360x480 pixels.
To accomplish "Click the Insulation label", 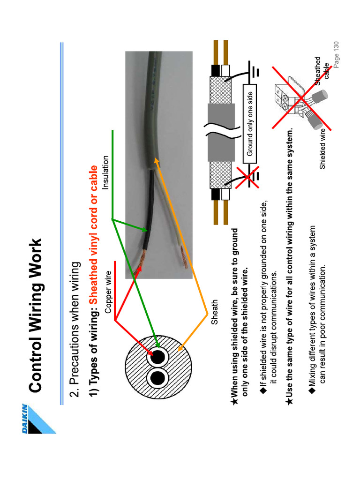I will point(105,172).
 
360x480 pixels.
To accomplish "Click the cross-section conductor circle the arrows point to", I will point(157,357).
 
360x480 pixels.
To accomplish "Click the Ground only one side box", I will point(250,124).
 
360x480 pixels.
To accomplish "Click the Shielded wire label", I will point(323,149).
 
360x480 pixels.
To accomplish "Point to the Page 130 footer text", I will point(336,54).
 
